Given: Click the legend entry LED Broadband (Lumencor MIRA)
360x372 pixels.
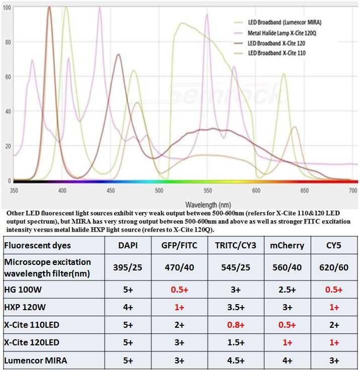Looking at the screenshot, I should point(284,23).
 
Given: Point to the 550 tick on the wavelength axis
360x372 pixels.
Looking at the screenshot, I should point(207,191).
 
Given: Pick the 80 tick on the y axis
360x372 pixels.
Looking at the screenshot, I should point(7,43).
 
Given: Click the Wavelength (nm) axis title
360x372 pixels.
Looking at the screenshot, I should point(208,205).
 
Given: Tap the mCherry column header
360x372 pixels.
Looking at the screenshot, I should point(287,245).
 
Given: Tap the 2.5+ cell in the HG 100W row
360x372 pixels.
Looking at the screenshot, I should point(287,290).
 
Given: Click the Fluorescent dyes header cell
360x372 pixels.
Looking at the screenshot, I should point(37,245).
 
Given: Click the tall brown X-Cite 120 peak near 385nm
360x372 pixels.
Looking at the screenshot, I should point(49,8).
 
